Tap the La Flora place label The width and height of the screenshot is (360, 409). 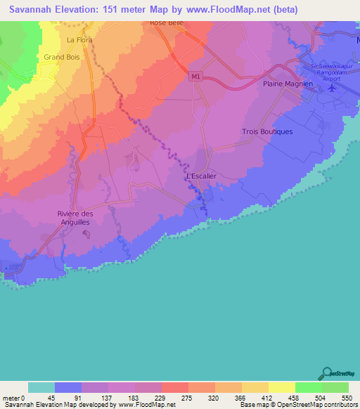point(79,40)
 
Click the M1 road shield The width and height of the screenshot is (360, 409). point(195,77)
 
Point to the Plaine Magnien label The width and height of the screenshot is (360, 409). point(287,84)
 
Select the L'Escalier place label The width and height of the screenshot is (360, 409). point(201,176)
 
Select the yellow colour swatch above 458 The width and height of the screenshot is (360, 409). point(281,387)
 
